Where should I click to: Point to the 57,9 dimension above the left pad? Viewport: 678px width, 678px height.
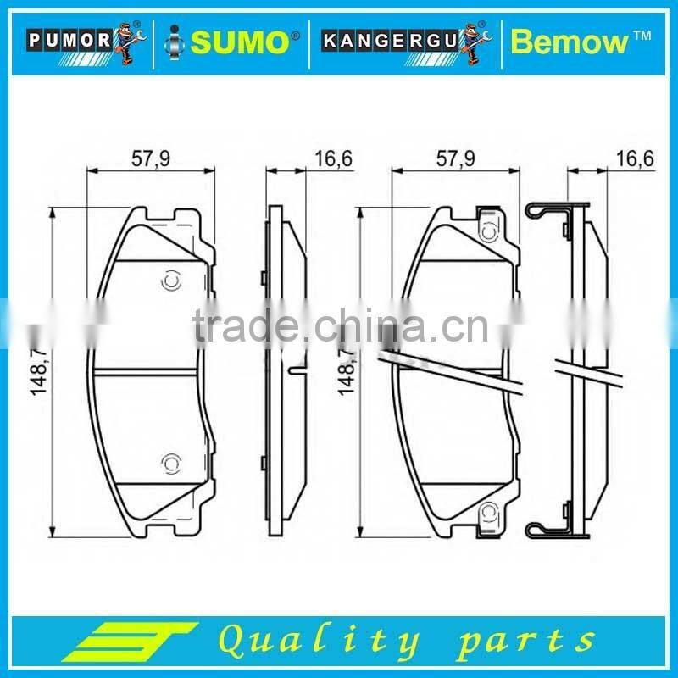click(x=147, y=157)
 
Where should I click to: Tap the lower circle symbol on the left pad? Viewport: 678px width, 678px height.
click(x=169, y=462)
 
